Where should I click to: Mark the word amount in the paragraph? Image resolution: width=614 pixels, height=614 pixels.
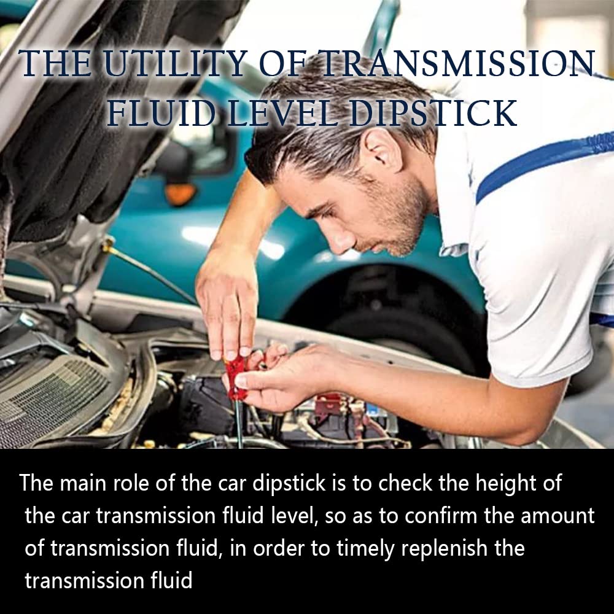click(558, 516)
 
